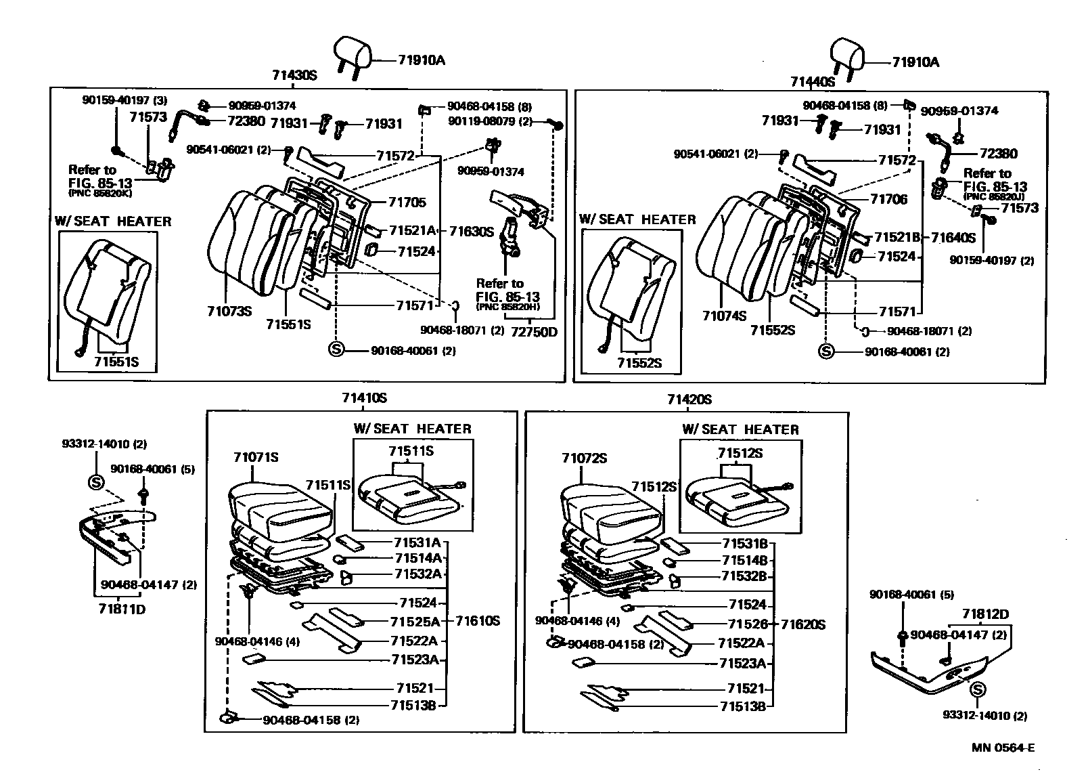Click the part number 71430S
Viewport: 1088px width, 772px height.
click(294, 77)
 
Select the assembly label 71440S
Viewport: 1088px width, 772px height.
click(813, 82)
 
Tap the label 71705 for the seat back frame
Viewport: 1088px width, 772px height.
click(407, 202)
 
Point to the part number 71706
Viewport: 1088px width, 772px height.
click(888, 199)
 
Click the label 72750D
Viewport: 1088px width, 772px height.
click(534, 332)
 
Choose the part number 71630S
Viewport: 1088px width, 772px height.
click(472, 232)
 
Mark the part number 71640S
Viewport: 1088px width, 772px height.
click(953, 238)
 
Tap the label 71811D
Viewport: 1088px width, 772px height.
click(122, 608)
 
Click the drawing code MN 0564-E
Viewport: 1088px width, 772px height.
click(1003, 748)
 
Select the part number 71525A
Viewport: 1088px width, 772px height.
click(415, 622)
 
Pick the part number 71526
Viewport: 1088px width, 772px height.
click(746, 624)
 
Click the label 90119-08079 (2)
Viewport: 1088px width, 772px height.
click(490, 121)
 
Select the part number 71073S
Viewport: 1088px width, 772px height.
click(229, 311)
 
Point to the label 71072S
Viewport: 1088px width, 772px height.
click(585, 459)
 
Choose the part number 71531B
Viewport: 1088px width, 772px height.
click(744, 544)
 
